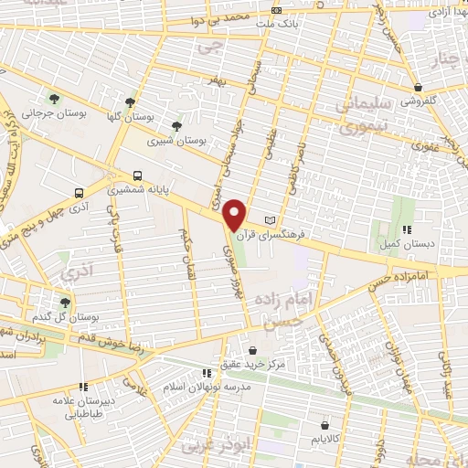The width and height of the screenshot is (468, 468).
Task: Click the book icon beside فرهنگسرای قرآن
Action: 269,220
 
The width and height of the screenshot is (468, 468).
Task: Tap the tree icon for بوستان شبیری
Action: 176,126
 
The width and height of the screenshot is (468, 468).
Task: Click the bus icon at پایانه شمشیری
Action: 137,174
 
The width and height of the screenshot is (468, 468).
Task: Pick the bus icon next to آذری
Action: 80,193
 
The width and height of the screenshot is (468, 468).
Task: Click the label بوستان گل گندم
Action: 63,316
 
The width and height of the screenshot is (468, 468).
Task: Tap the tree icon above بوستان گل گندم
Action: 64,302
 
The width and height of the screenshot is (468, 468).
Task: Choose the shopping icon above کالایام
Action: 325,425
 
